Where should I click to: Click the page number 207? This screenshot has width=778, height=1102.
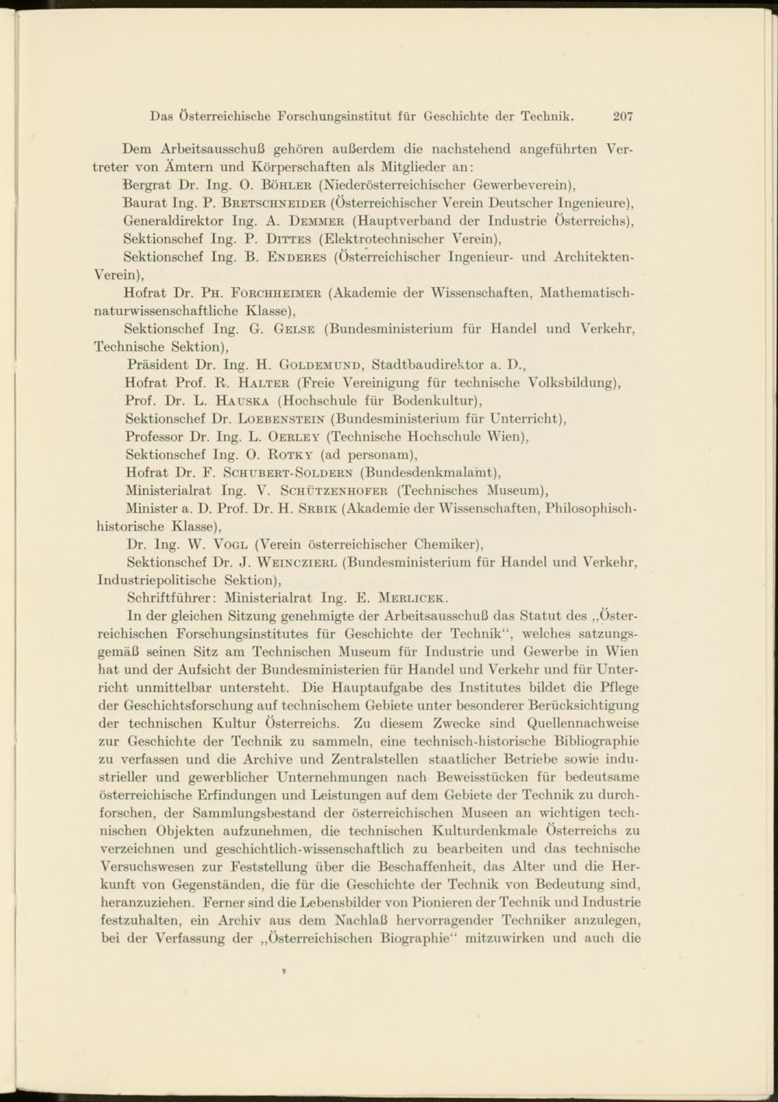622,117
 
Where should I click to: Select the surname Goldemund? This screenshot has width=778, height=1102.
320,364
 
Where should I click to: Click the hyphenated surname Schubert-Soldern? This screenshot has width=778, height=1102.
288,472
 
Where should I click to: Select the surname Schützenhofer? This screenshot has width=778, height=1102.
335,490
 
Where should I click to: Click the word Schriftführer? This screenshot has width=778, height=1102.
171,598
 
